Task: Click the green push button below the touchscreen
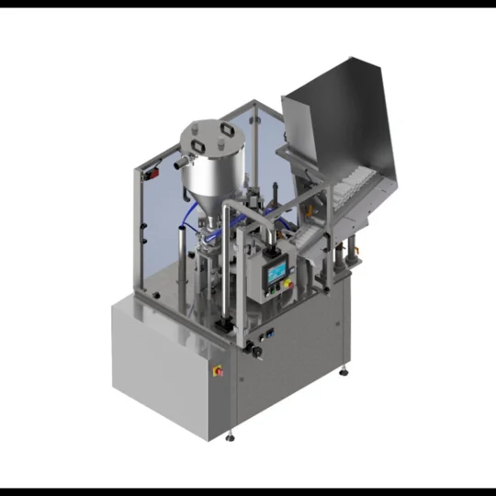[273, 293]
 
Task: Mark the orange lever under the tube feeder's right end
[352, 247]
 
